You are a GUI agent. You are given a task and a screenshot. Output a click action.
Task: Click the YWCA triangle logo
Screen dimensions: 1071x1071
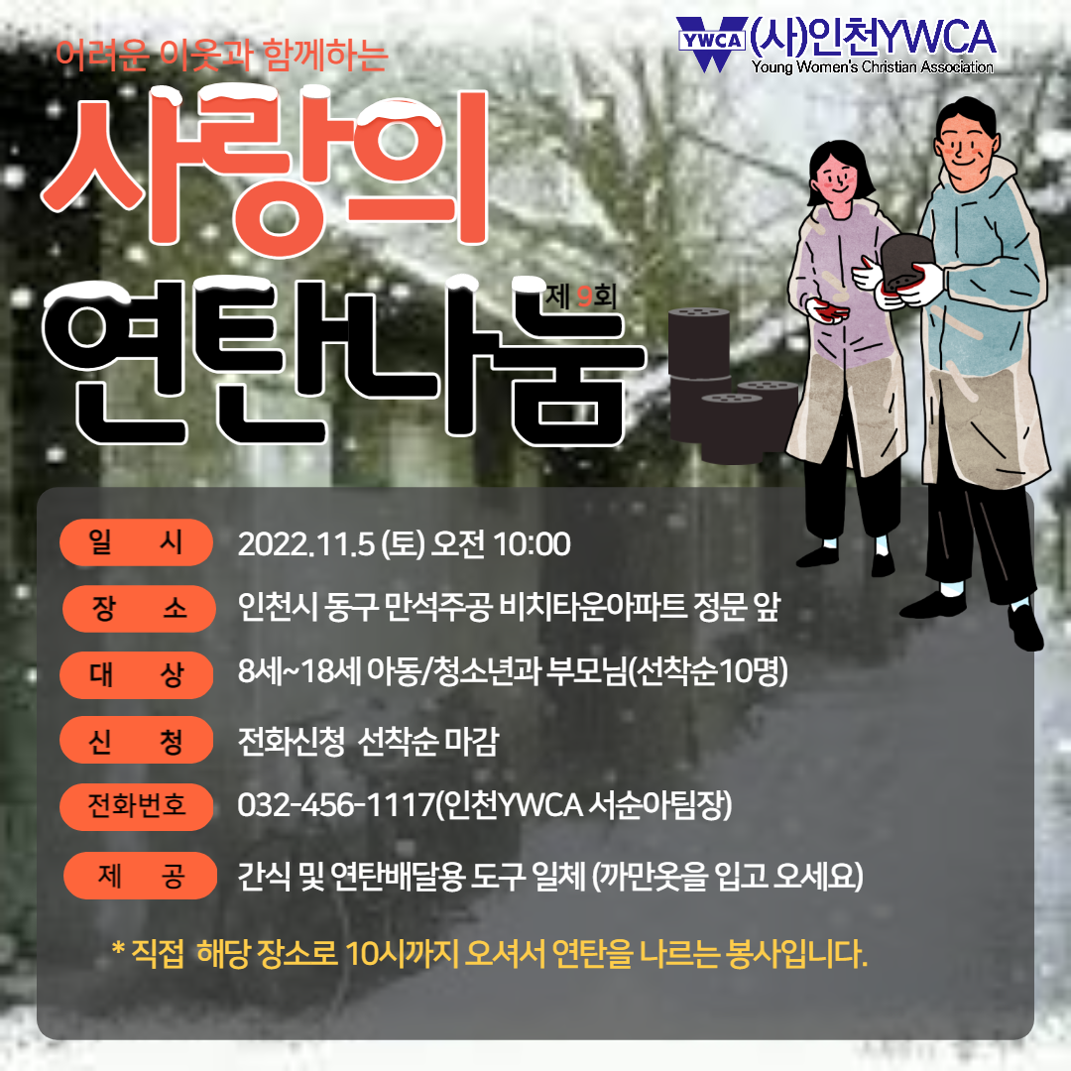(712, 43)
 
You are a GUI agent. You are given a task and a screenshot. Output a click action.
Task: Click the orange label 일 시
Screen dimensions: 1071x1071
(137, 542)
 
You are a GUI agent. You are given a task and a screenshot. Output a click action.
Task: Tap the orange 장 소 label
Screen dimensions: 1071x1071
(139, 608)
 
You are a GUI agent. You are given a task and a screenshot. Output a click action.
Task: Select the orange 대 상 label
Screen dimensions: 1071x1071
(137, 675)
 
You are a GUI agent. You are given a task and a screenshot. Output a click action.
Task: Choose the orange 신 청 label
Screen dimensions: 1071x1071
(137, 740)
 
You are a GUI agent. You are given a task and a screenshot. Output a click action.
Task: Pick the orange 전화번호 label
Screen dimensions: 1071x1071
(137, 806)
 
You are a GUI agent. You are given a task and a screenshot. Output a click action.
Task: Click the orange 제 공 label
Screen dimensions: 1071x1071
(140, 875)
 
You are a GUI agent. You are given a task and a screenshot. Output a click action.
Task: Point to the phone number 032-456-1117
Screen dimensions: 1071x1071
(336, 804)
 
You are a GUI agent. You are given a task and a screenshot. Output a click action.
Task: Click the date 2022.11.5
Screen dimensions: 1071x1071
(306, 544)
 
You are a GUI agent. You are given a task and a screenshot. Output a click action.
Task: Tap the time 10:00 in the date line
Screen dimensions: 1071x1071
(532, 544)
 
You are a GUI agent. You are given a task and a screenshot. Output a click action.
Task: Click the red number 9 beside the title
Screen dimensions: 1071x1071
(584, 297)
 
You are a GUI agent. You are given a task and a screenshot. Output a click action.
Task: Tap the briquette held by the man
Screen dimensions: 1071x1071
(905, 263)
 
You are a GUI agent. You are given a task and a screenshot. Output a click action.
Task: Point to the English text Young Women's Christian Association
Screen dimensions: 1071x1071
(873, 66)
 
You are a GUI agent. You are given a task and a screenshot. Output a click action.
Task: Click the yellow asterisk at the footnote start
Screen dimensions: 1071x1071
(118, 948)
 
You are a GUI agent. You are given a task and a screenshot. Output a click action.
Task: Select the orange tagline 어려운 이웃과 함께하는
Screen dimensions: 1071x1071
(221, 55)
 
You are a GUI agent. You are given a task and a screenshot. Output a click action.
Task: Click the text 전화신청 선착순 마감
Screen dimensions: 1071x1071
(368, 741)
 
